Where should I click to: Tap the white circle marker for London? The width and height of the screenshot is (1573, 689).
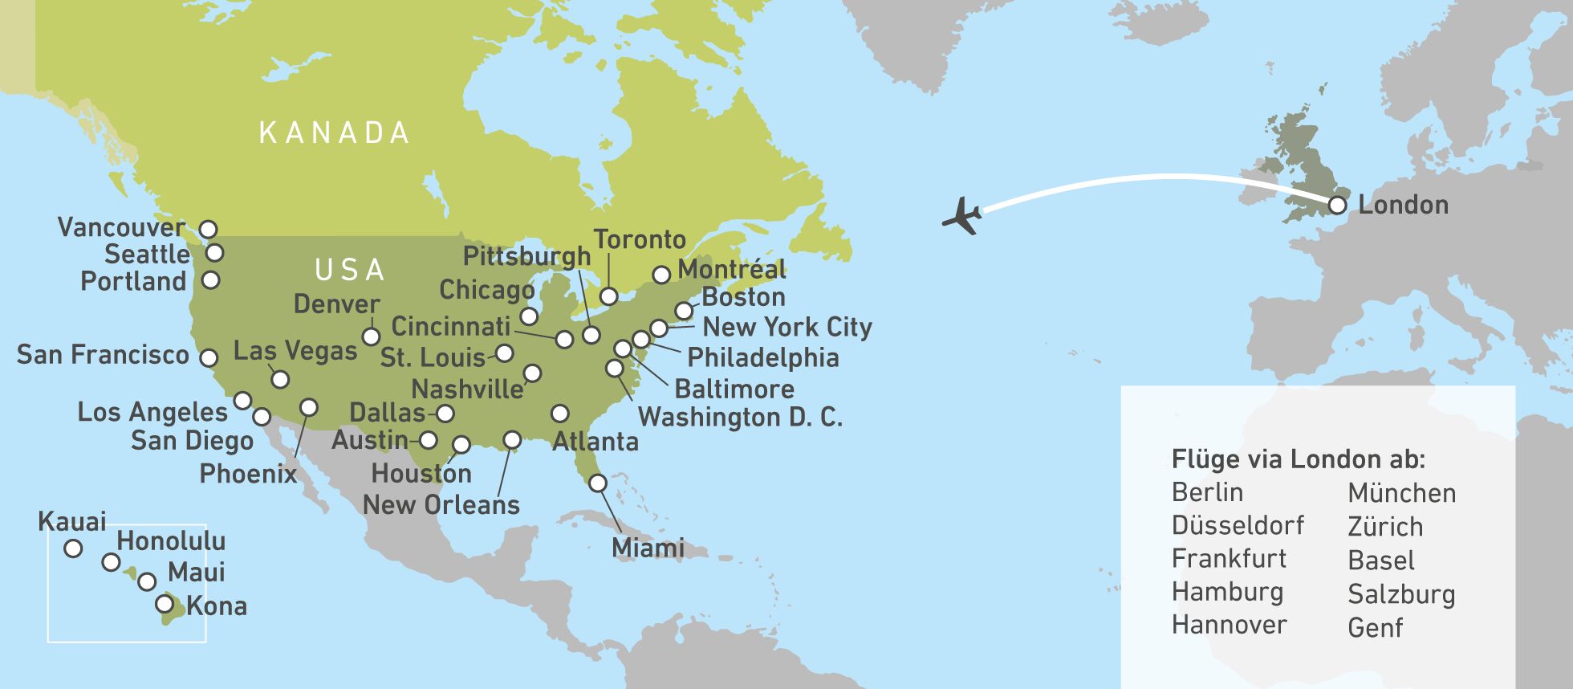(1337, 205)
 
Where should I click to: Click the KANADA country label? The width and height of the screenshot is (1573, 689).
(334, 133)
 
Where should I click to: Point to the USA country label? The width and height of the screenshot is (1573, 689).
(350, 271)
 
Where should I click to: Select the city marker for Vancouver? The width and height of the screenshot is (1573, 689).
(208, 229)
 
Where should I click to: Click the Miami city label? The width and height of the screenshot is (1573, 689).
(648, 548)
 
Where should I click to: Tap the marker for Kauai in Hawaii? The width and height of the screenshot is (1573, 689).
(73, 548)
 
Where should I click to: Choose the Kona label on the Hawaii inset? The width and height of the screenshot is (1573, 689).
(217, 606)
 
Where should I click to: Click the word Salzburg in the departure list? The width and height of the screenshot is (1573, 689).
(1401, 594)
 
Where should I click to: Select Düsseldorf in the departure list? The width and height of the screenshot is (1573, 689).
(1238, 525)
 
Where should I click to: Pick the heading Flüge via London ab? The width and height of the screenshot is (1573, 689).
(1298, 459)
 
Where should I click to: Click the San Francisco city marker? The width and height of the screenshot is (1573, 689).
(209, 357)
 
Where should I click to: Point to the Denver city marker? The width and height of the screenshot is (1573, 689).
(371, 336)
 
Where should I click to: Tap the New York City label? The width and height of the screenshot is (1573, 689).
(786, 327)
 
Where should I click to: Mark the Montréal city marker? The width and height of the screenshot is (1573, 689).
(661, 275)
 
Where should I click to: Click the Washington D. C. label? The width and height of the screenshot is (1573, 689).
(740, 418)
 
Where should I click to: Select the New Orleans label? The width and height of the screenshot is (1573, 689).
(441, 505)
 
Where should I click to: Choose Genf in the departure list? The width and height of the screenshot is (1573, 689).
(1375, 628)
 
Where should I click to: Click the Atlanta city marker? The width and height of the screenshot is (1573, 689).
(560, 414)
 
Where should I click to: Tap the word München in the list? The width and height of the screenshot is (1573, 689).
(1401, 493)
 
